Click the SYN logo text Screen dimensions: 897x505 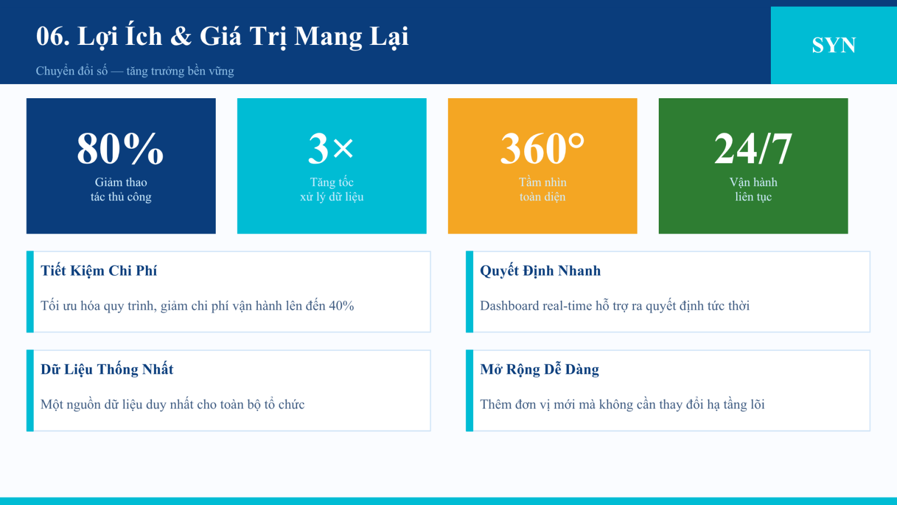(834, 45)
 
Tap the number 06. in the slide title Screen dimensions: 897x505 (53, 36)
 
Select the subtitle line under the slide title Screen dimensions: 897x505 (135, 71)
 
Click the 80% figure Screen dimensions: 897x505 (121, 148)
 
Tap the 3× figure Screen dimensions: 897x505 (331, 148)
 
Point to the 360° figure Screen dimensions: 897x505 (543, 148)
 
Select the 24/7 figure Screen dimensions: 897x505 (753, 148)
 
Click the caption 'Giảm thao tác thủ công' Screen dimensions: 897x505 (121, 190)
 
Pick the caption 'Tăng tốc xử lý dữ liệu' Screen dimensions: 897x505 (332, 190)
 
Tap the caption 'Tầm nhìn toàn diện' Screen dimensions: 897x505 (543, 190)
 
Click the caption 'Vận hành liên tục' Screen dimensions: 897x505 (753, 190)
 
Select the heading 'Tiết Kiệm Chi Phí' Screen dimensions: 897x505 (99, 271)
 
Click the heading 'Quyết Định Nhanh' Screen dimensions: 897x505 (540, 271)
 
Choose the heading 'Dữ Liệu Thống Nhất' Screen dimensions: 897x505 (107, 370)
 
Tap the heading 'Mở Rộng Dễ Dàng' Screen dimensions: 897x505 (539, 370)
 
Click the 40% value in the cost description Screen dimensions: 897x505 (341, 306)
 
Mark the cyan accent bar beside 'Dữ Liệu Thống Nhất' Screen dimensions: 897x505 (30, 391)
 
